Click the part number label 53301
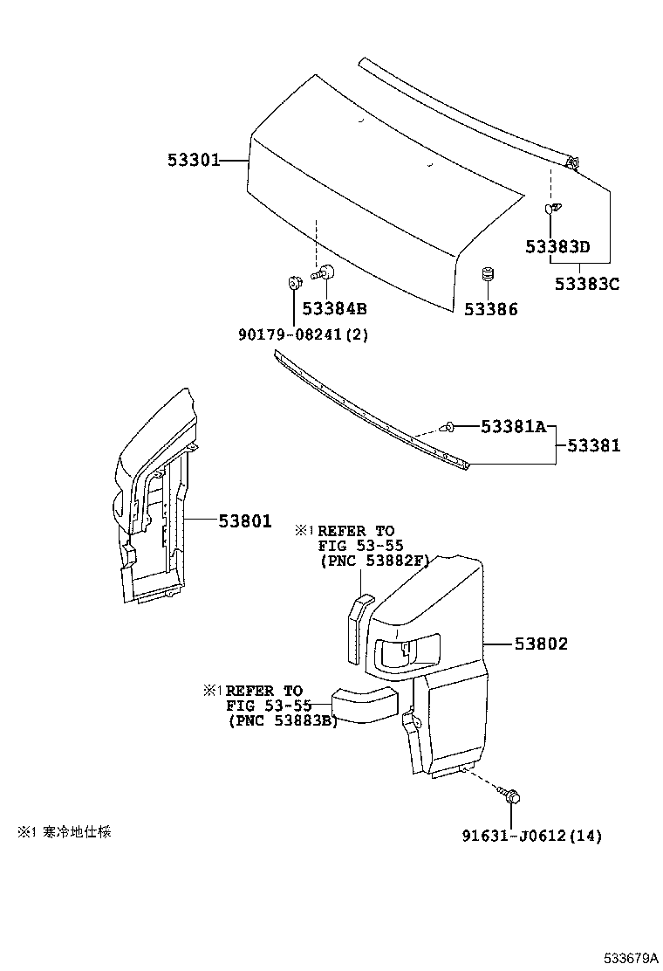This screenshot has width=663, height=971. tap(194, 161)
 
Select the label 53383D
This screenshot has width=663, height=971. tap(557, 246)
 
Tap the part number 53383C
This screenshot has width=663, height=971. tap(587, 284)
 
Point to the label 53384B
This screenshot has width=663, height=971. tap(335, 308)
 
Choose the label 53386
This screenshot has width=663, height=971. tap(491, 309)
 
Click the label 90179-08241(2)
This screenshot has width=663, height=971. tap(303, 335)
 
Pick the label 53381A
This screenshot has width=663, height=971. tap(514, 426)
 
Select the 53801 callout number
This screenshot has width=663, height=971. tap(245, 521)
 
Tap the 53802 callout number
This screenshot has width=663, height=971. tap(541, 644)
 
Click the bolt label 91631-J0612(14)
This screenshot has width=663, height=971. tap(532, 836)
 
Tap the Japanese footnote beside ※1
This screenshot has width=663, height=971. tap(77, 831)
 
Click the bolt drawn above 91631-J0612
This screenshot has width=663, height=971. tap(509, 795)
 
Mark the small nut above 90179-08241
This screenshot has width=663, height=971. tap(293, 282)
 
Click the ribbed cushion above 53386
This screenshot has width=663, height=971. tap(488, 274)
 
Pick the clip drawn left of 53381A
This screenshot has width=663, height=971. tap(447, 426)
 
